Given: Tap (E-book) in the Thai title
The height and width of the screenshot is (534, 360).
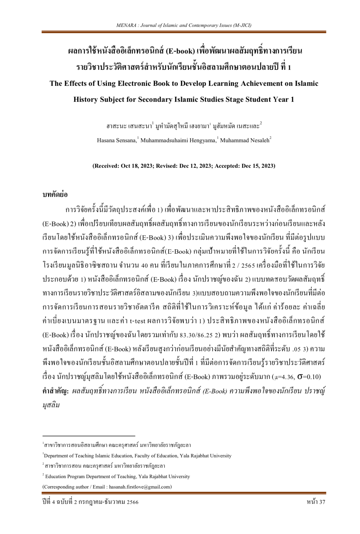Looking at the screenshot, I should coord(180,52).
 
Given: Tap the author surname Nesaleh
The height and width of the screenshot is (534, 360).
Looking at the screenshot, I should coord(258,140).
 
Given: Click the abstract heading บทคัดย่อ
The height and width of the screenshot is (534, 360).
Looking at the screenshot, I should coord(55,194).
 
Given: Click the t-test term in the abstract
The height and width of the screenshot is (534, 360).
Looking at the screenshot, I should coord(138,321).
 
